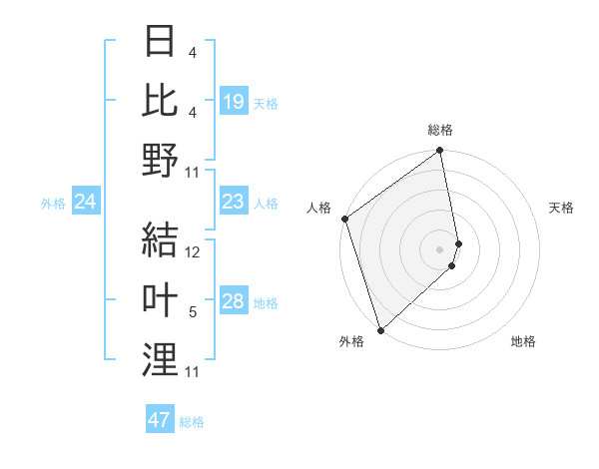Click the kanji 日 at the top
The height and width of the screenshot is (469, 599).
[x=160, y=42]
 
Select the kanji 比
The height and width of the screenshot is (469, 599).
[x=160, y=101]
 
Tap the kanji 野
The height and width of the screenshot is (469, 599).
[x=160, y=161]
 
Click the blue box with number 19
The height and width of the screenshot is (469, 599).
[x=233, y=102]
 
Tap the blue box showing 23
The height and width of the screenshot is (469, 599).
[x=233, y=203]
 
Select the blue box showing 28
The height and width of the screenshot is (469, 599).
[x=233, y=302]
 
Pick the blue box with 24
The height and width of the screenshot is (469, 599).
[x=86, y=203]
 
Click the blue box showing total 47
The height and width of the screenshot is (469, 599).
[x=160, y=420]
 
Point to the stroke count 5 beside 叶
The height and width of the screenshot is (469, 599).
[x=193, y=313]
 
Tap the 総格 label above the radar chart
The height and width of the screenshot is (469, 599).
[x=440, y=130]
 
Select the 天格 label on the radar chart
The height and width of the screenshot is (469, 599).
[x=561, y=208]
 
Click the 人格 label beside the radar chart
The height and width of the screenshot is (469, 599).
[x=318, y=208]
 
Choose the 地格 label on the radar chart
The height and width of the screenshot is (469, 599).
[x=523, y=341]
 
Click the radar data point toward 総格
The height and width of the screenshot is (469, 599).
[x=440, y=152]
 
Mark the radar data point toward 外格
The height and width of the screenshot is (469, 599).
[x=380, y=329]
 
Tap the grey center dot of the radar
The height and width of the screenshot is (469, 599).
[x=440, y=248]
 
